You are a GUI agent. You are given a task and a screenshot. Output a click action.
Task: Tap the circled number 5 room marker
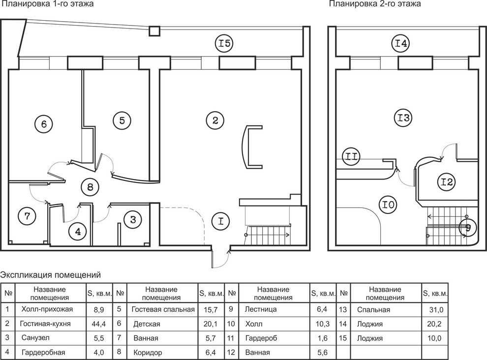point(122,120)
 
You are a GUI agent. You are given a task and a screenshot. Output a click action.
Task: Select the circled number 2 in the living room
point(215,120)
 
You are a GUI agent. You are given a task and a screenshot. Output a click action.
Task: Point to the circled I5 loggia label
point(224,44)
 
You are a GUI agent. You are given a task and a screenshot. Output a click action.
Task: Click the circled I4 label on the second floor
point(401,44)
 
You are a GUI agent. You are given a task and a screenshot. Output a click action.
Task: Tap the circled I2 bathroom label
point(447,182)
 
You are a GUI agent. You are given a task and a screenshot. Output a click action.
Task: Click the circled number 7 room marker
point(28,215)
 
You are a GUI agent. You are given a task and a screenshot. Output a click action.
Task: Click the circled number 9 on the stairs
point(467,228)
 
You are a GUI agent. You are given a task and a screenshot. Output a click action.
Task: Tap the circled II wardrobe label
point(352,156)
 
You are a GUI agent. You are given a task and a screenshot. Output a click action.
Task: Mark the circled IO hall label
point(388,203)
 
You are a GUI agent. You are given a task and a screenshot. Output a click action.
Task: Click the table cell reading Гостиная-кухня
point(45,324)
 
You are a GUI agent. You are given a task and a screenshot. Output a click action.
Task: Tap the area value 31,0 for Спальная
point(435,310)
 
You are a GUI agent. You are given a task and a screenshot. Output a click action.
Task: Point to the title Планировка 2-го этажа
point(375,4)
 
